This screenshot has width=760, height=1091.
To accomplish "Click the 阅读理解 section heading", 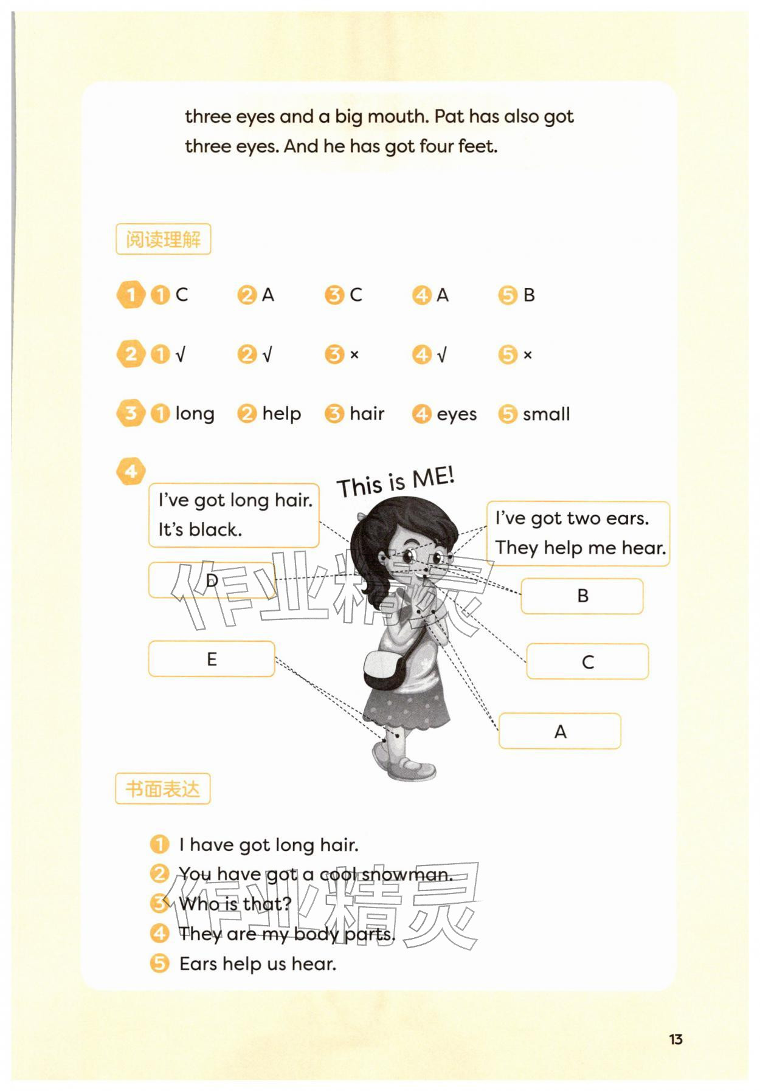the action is pos(163,239).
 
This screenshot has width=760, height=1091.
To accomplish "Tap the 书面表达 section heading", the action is pos(162,789).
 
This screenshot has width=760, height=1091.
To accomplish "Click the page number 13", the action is pos(675,1039).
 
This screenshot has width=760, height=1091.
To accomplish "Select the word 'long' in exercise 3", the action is pos(195,415).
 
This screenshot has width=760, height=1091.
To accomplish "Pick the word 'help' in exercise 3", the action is pos(282,415).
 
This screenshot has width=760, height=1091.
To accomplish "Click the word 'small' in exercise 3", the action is pos(547,415).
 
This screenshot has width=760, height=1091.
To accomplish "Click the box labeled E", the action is pos(212,659).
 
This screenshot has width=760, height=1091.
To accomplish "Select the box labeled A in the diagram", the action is pos(560,731).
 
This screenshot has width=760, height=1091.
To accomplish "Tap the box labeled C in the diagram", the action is pos(587,661).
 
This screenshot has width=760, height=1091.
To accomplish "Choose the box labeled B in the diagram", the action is pos(582,596).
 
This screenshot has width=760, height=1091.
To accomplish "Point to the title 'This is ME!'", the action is pos(396,483).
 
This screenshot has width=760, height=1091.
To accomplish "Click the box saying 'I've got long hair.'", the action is pos(234,515).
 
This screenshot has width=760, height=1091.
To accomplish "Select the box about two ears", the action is pos(578,534).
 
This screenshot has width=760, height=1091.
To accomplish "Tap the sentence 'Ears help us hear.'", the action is pos(258,964).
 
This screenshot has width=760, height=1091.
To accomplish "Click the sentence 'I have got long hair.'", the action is pos(269,845).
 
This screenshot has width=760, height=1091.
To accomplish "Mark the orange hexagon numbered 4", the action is pos(131,471).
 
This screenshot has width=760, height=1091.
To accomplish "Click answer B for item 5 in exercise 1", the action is pos(529,295).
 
